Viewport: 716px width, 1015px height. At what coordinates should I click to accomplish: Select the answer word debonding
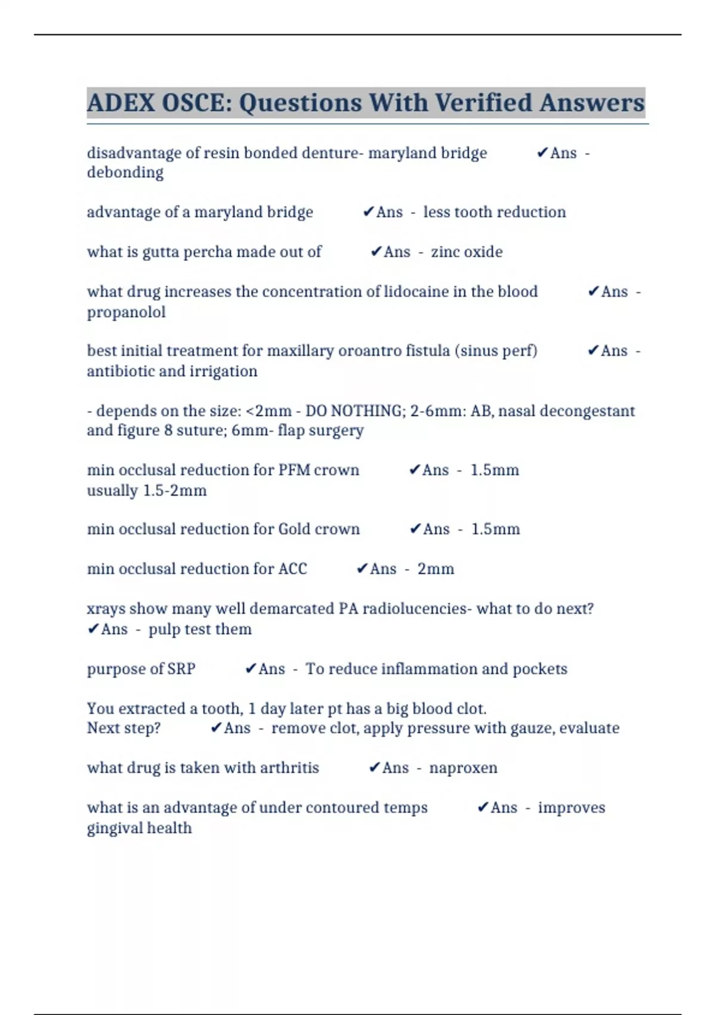125,173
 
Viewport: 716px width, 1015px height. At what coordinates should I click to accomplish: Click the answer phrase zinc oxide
467,252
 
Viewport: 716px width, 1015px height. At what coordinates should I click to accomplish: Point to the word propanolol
126,312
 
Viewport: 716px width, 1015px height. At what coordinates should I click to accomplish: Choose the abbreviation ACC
292,569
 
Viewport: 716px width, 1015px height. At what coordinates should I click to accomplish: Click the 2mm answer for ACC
436,569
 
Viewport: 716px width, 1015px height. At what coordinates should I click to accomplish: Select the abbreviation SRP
181,669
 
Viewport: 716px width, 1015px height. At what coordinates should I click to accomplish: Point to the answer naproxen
463,768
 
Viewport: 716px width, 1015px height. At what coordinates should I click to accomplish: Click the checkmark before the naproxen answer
374,768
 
